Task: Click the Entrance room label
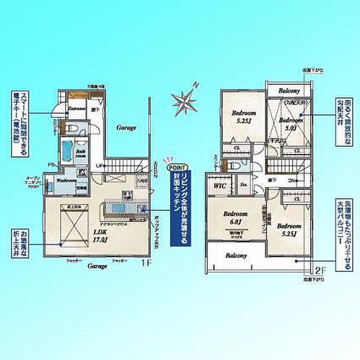point(76,108)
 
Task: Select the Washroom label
point(67,181)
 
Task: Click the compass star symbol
point(185,102)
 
